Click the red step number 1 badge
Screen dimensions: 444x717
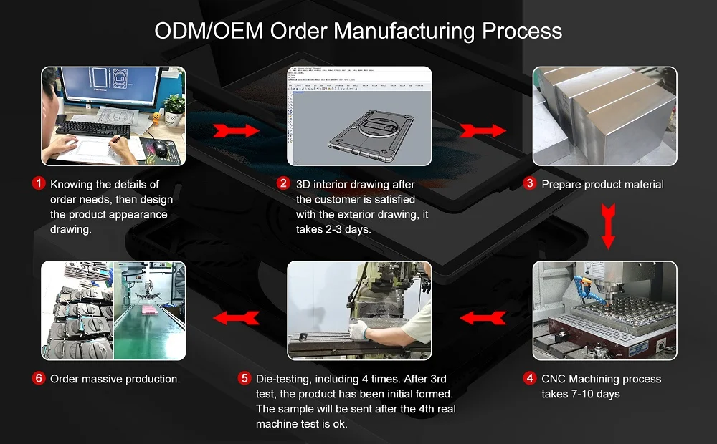39,184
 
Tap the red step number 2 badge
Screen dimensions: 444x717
284,184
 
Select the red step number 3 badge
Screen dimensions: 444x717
530,183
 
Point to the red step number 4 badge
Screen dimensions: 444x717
530,378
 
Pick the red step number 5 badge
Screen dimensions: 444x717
244,378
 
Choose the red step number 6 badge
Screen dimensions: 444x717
39,378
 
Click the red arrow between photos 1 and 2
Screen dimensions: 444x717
236,131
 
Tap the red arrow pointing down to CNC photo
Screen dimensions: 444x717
608,225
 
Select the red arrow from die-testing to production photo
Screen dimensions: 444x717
236,317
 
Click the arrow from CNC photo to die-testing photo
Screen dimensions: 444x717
482,317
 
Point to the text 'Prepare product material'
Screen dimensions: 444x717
602,184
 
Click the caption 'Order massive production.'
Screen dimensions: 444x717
115,379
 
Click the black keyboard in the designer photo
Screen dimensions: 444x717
93,130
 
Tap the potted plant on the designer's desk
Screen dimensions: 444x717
174,109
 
